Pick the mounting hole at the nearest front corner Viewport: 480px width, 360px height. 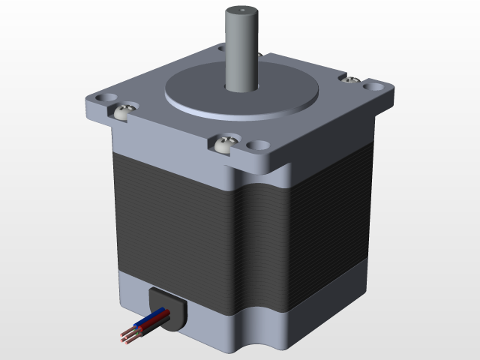point(259,145)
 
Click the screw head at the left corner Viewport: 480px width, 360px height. point(124,112)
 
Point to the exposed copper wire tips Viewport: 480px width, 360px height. point(124,338)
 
